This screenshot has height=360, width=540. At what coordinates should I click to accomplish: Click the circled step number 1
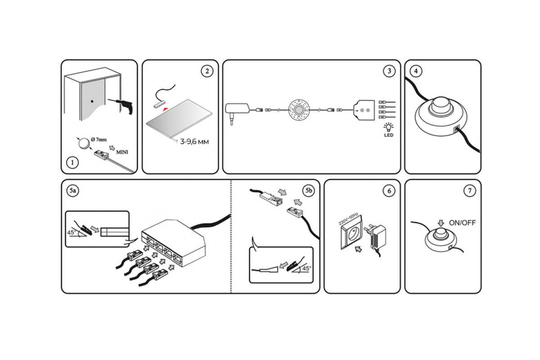(x=72, y=163)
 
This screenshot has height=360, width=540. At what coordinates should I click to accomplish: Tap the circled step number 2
(x=207, y=72)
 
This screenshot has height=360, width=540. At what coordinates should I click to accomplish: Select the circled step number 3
(x=389, y=71)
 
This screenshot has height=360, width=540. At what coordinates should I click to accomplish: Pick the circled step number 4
(x=416, y=71)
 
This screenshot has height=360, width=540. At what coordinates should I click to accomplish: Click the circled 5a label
(x=73, y=191)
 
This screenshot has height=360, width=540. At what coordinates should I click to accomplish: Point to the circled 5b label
(x=308, y=191)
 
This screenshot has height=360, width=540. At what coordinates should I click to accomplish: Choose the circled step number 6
(x=389, y=191)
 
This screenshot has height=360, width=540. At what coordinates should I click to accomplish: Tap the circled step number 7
(x=469, y=191)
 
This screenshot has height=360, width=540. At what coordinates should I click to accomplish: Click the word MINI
(x=121, y=152)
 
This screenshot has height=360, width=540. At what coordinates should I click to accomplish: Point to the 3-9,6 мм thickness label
(x=195, y=142)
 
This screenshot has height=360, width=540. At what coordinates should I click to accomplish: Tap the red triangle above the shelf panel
(x=166, y=109)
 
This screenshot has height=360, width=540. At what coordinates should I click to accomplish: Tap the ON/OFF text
(x=462, y=222)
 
